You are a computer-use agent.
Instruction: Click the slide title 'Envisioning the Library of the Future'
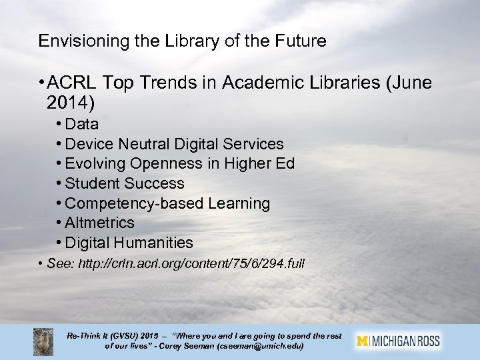(x=183, y=41)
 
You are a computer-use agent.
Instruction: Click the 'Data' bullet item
(x=83, y=124)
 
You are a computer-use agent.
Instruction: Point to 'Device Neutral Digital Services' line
(x=175, y=144)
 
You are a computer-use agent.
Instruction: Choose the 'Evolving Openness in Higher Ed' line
(x=180, y=163)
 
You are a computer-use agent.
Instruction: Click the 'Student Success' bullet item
(x=125, y=183)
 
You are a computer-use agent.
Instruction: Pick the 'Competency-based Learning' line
(x=168, y=203)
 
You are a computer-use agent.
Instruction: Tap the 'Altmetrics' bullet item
(x=100, y=223)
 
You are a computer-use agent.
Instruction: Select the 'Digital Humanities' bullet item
(x=129, y=243)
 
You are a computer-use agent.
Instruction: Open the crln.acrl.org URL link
(x=191, y=264)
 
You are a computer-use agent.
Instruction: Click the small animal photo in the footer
(x=44, y=341)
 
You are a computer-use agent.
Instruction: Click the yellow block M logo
(x=363, y=341)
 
